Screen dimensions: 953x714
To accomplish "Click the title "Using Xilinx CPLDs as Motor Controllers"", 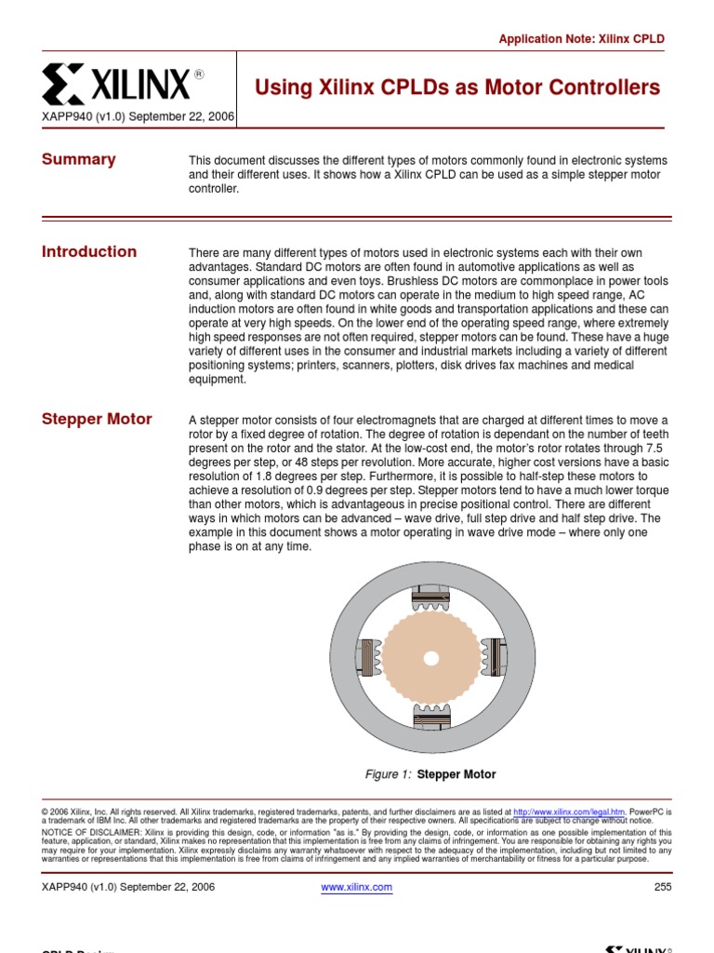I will pos(457,87).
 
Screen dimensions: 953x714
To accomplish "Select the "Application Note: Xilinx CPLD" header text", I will pos(582,39).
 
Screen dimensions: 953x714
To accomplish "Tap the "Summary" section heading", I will pos(79,159).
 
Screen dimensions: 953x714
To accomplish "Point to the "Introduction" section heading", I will pos(89,251).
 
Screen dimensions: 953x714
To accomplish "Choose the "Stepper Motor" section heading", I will pos(97,419).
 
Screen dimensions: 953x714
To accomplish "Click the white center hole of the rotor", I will pos(430,658).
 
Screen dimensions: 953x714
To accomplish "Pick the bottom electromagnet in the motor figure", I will pos(430,718).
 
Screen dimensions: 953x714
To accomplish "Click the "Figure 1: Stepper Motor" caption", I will pos(430,774).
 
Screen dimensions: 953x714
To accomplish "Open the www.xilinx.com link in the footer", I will pos(356,887).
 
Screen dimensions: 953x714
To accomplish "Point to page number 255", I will pos(662,887).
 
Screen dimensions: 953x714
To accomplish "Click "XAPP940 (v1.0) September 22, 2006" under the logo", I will pos(138,118).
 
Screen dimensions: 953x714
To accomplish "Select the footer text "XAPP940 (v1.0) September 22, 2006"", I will pos(128,887).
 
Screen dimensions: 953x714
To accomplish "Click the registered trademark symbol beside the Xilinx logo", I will pos(198,74).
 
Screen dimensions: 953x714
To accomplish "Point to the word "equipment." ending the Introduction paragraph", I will pos(217,379).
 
